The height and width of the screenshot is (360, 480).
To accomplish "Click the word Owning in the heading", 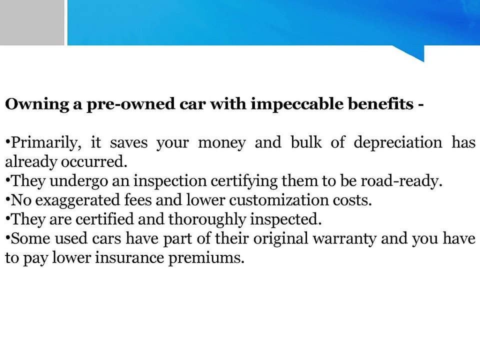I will [33, 104].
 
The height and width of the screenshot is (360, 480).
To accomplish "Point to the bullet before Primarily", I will [7, 143].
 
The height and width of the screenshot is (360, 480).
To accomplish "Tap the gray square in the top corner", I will [31, 22].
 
